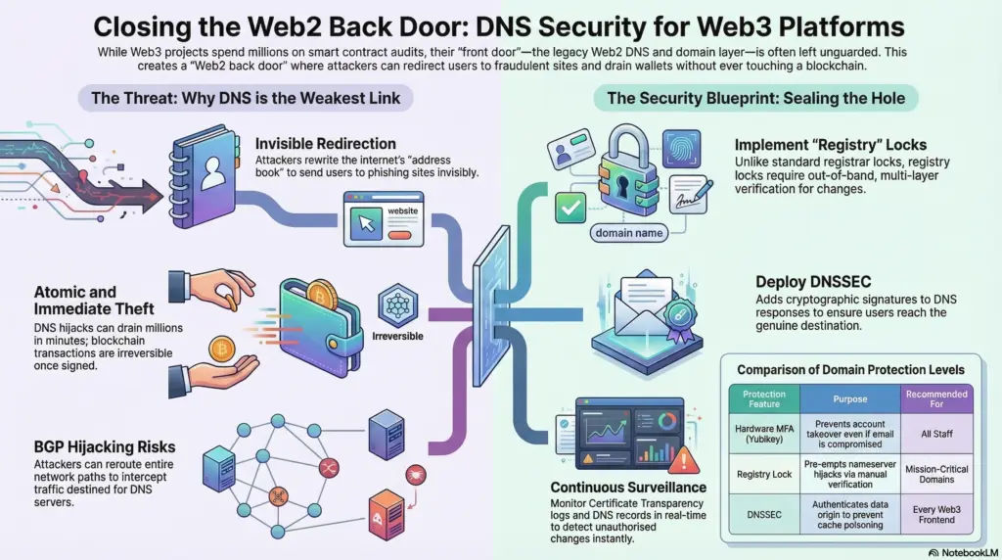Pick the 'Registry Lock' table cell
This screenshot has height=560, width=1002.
coord(765,475)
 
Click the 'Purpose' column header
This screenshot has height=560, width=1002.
coord(849,399)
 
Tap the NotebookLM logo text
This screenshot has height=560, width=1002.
coord(964,552)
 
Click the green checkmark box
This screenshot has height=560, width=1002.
coord(569,205)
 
